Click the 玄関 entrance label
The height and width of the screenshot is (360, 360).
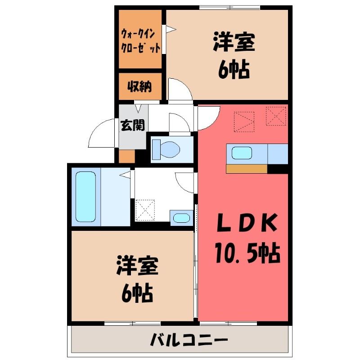[x=133, y=126]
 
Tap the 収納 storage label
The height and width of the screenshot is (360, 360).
[x=139, y=86]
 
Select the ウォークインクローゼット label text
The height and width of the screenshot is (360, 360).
[x=140, y=41]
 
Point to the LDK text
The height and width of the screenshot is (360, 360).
[x=247, y=222]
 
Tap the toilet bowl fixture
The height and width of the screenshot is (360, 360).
[x=166, y=149]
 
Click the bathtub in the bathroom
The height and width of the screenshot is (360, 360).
[x=85, y=197]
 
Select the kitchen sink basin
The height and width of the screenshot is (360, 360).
[x=242, y=153]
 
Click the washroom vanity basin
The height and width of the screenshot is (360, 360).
[x=181, y=218]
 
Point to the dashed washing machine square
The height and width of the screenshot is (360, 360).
[x=145, y=210]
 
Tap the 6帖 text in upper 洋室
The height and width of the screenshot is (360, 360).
[x=234, y=69]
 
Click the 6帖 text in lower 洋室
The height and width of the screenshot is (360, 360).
[x=137, y=293]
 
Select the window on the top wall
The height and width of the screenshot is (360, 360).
[x=229, y=8]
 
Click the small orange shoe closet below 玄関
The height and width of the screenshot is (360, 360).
[x=126, y=156]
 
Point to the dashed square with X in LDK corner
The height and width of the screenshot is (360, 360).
[x=276, y=116]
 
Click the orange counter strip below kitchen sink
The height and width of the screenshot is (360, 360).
[x=247, y=169]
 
